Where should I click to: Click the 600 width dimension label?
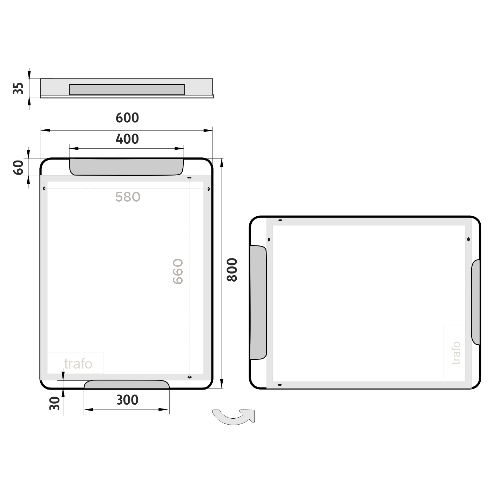pos(127,118)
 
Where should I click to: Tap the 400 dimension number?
pos(127,139)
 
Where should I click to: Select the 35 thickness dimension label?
pos(18,88)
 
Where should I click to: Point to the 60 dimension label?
pos(18,168)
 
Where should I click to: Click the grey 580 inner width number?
pos(128,197)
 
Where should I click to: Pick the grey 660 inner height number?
pos(178,271)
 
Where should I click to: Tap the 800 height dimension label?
pos(232,270)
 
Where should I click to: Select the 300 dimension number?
pos(127,400)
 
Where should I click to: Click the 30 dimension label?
pos(54,404)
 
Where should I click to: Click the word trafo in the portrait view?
pos(78,364)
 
